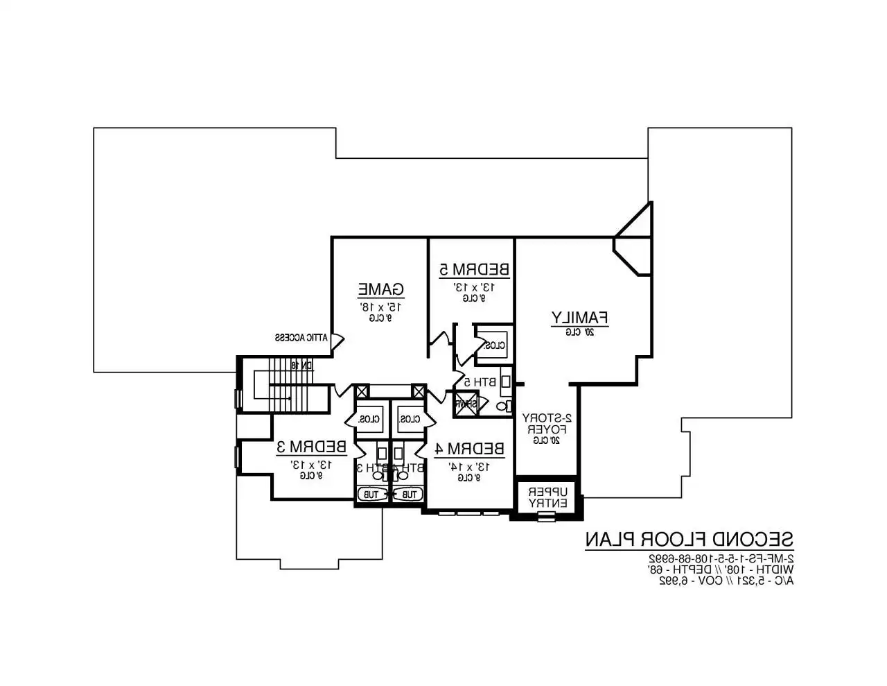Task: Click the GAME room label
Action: tap(380, 289)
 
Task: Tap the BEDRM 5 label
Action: tap(475, 268)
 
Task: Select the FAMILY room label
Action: tap(579, 318)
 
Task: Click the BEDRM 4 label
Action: tap(469, 449)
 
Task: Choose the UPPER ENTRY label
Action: tap(548, 497)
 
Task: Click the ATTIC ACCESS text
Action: tap(301, 338)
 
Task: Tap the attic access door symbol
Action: tap(337, 341)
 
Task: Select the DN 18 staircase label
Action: tap(303, 365)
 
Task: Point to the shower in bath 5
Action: tap(465, 404)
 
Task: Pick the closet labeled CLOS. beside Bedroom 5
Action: tap(495, 345)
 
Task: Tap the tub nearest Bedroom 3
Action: tap(371, 495)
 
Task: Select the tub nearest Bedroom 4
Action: tap(409, 495)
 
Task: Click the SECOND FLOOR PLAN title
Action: tap(689, 539)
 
